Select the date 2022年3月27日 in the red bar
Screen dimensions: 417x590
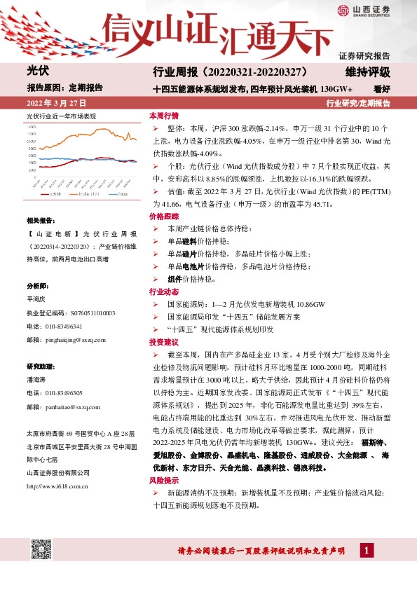pos(51,104)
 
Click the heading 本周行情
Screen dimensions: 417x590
pos(164,116)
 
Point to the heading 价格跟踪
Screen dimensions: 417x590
pos(164,218)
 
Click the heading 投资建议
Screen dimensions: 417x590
pos(164,341)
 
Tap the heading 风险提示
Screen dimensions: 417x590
pos(164,481)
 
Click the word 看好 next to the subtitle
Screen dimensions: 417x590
pos(382,89)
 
